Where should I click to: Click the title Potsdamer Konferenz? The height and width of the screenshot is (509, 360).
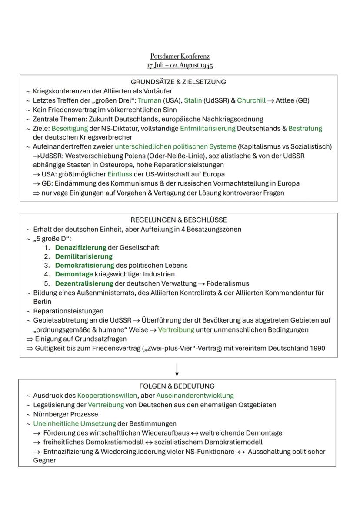tap(180, 57)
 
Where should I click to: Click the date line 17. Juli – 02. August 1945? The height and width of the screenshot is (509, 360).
tap(180, 66)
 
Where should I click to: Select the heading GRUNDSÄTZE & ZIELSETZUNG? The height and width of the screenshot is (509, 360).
tap(178, 82)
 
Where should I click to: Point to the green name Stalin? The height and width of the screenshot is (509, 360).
tap(193, 100)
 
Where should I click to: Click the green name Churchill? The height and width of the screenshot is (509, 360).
tap(251, 100)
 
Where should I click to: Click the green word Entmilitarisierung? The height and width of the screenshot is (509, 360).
tap(207, 129)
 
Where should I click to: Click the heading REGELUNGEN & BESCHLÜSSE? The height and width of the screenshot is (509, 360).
tap(178, 220)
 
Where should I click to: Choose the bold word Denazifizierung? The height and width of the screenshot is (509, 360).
tap(80, 247)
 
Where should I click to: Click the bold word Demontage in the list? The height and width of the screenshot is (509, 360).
tap(74, 274)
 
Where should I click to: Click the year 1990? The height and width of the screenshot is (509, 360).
tap(317, 348)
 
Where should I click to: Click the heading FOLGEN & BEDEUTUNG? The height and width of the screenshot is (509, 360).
tap(177, 386)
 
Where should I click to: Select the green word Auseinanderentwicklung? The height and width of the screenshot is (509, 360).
tap(198, 396)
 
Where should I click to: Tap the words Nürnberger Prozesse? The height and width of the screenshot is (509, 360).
tap(66, 414)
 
